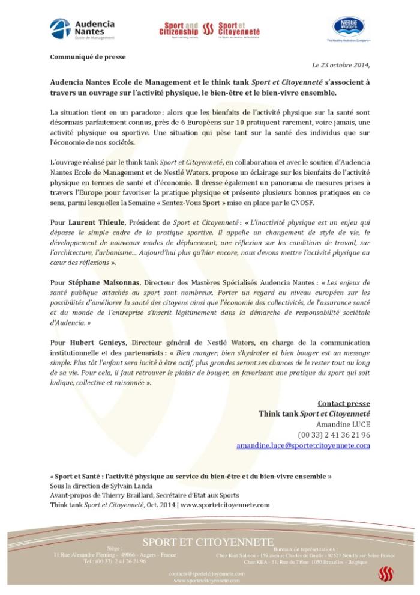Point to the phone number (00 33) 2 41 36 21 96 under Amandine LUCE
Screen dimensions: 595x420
[334, 435]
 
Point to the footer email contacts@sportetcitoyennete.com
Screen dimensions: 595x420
[206, 575]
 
